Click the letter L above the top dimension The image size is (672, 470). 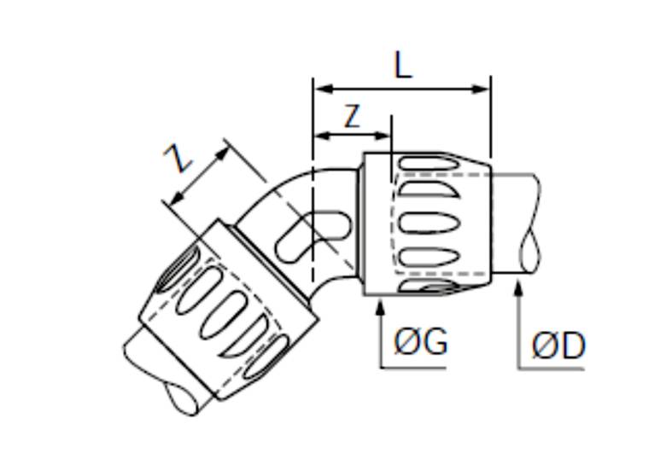point(402,67)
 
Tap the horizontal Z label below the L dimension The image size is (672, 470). point(352,116)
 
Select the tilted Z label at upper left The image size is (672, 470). point(178,158)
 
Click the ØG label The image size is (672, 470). point(421,341)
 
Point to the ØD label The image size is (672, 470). point(558,345)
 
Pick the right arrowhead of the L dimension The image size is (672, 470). point(480,89)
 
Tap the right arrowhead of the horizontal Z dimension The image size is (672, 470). point(381,136)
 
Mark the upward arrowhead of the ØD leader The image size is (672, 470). point(518,287)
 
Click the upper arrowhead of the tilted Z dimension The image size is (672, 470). point(222,154)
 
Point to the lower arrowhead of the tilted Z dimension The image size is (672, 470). point(177,198)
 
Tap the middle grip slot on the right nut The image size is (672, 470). point(429,222)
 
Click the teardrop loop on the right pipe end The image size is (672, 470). point(530,252)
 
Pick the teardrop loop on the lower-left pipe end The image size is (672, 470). point(182,399)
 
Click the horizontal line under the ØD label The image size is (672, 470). point(551,368)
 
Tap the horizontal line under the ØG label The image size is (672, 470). point(413,368)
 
